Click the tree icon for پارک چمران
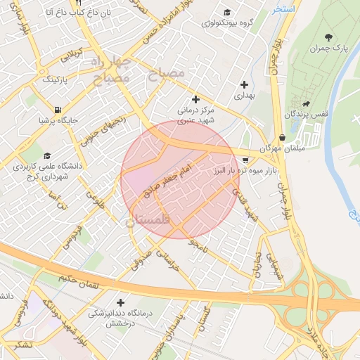[x=328, y=37]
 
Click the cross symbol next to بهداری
[x=244, y=84]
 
